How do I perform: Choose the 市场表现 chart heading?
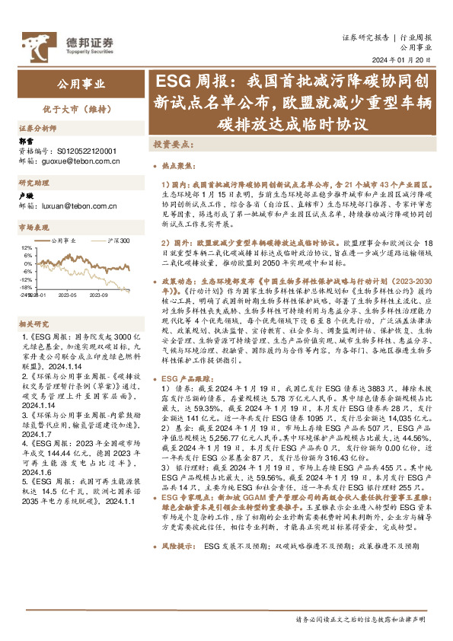pyautogui.click(x=34, y=227)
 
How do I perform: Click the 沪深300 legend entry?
pyautogui.click(x=118, y=241)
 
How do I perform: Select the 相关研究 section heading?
pyautogui.click(x=34, y=324)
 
